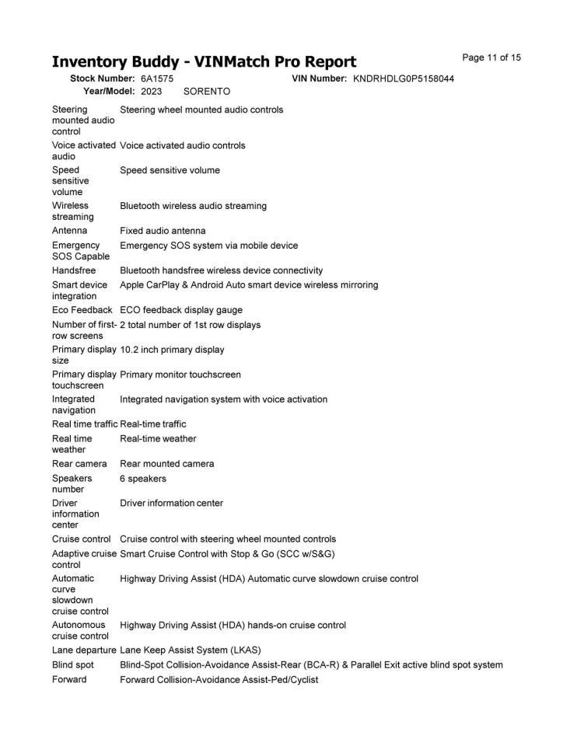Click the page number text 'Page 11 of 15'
point(491,58)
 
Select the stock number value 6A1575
point(157,78)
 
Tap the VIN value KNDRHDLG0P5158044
point(404,78)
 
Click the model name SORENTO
point(207,91)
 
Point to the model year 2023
point(151,91)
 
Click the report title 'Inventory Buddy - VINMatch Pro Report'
point(204,61)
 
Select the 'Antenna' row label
point(70,231)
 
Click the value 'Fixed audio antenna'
point(163,231)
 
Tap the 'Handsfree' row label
point(74,270)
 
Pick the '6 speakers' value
point(143,479)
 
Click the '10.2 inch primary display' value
point(172,350)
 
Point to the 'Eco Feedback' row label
point(82,310)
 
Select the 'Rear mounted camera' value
point(167,464)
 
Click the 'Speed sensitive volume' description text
point(170,170)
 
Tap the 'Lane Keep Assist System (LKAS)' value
point(191,650)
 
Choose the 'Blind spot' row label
point(73,665)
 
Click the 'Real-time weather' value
point(158,439)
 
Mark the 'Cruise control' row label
point(82,539)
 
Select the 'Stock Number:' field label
point(103,78)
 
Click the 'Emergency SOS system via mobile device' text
point(208,246)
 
